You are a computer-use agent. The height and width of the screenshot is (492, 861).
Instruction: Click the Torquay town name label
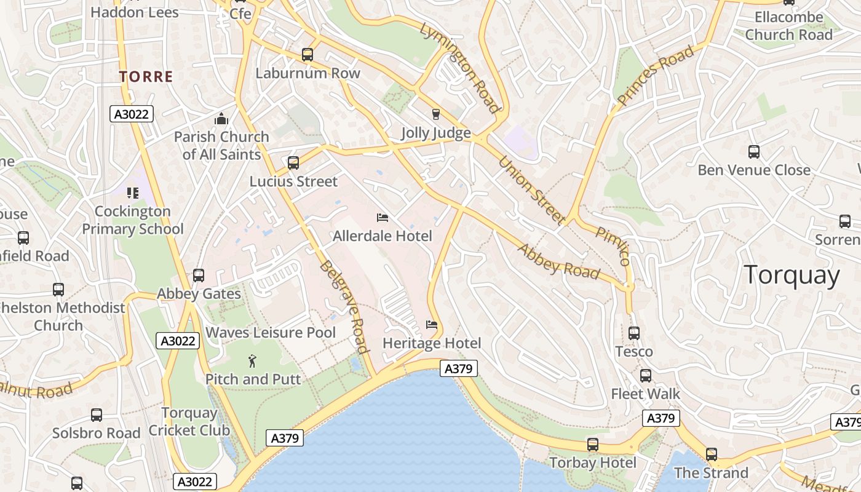point(792,275)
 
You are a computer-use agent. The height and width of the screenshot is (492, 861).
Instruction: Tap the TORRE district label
point(146,77)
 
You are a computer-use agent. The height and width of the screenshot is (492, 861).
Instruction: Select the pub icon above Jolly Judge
point(436,114)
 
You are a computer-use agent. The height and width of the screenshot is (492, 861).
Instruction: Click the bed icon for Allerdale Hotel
point(382,218)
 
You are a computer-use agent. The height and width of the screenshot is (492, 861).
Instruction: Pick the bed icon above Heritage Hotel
point(432,325)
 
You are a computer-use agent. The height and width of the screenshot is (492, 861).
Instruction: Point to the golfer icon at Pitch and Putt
point(252,360)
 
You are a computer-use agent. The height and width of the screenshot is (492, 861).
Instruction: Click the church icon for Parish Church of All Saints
point(221,119)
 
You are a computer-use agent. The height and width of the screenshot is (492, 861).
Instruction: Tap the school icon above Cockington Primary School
point(133,193)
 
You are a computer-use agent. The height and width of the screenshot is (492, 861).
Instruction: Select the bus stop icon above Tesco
point(634,333)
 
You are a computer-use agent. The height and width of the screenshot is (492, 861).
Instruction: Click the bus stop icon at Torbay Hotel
point(593,444)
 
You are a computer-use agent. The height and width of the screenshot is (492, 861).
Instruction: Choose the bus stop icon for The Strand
point(712,454)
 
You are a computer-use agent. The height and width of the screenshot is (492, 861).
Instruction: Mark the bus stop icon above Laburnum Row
point(307,55)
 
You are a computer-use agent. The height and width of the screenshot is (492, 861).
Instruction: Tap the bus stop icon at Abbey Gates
point(199,276)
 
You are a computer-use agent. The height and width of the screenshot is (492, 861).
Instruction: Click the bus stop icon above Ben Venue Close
point(754,152)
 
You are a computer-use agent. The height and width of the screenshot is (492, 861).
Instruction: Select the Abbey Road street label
point(558,261)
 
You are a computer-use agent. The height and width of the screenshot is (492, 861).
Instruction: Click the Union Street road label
point(531,190)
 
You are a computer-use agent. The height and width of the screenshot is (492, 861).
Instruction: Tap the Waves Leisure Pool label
point(271,333)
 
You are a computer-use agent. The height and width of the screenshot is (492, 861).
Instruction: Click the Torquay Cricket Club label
point(189,421)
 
